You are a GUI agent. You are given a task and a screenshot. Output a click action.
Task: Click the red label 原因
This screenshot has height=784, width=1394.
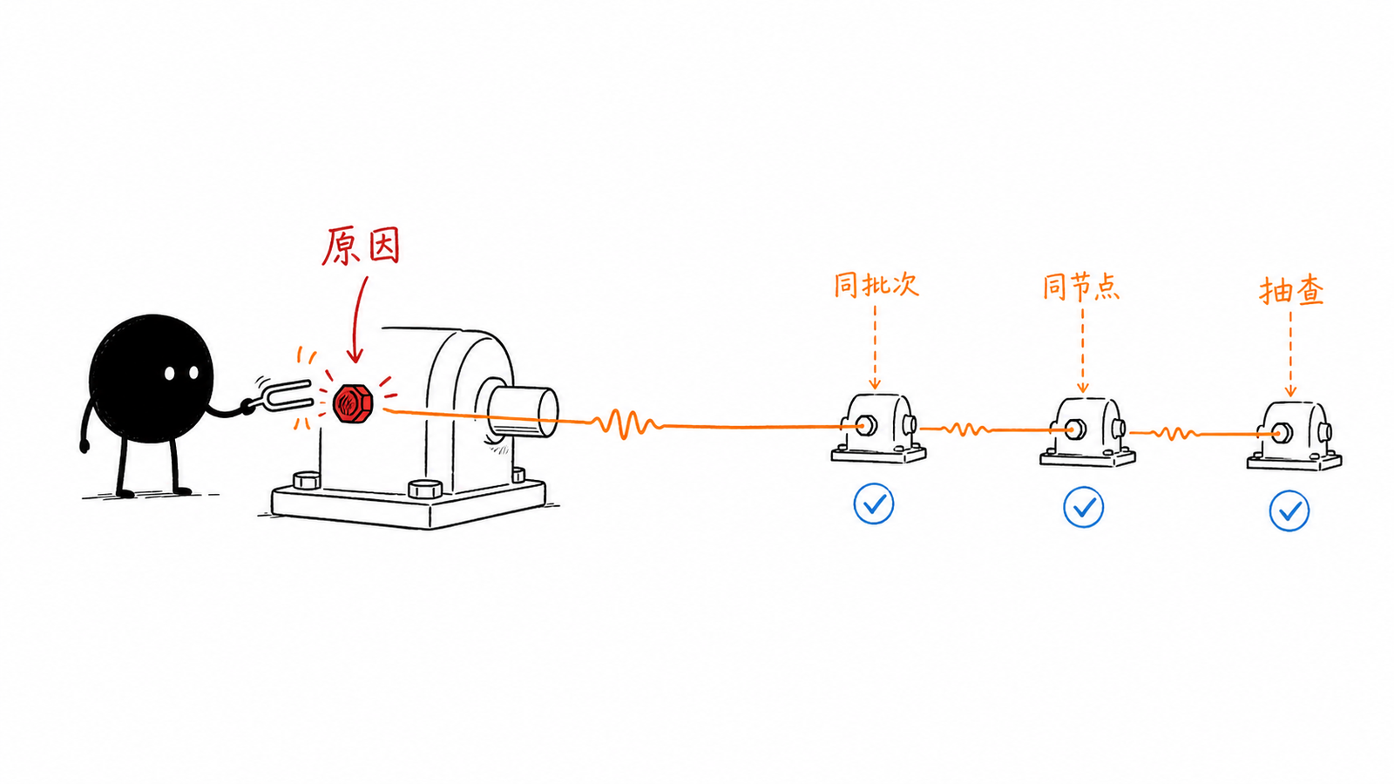(361, 246)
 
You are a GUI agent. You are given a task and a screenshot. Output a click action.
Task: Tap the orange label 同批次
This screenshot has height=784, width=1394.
(876, 284)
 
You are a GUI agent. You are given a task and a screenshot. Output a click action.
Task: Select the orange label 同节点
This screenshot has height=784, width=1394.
(1081, 287)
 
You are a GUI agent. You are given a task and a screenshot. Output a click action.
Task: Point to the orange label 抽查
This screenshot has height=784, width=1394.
(1291, 291)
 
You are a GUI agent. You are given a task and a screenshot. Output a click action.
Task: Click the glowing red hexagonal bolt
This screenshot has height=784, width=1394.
(353, 404)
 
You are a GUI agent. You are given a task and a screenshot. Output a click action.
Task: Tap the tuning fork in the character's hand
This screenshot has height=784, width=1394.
(281, 395)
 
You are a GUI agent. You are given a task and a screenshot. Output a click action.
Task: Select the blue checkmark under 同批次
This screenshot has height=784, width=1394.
(874, 504)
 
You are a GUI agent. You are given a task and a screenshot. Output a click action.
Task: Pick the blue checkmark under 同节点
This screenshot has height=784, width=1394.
(1084, 507)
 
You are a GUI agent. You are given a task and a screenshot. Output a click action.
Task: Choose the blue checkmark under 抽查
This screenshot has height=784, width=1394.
(1289, 510)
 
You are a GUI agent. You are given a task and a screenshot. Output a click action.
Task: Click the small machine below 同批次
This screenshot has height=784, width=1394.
(878, 429)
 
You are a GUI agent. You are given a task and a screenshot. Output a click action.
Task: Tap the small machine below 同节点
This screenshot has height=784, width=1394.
(1088, 432)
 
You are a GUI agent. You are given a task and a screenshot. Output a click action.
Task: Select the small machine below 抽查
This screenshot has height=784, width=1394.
(1295, 436)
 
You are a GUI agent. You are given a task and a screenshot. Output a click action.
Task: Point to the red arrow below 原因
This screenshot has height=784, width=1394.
(357, 320)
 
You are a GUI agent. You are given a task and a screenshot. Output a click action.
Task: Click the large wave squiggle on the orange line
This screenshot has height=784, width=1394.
(626, 423)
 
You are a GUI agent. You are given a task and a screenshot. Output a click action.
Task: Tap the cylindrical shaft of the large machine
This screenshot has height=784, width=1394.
(522, 410)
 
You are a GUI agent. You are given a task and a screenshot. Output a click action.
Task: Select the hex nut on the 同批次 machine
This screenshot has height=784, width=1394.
(866, 426)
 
